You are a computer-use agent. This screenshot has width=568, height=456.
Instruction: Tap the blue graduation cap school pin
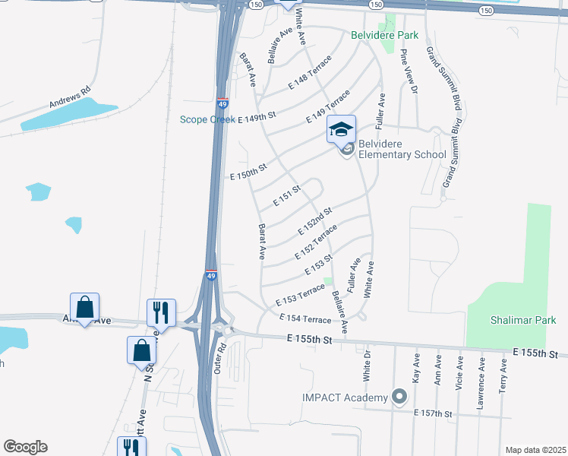click(x=341, y=129)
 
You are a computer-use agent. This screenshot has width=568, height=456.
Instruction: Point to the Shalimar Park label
click(x=523, y=320)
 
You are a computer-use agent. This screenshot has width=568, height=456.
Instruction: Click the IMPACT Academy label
click(x=345, y=397)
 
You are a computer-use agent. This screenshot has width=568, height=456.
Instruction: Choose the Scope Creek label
click(x=207, y=119)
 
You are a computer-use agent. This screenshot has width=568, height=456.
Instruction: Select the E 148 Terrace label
click(x=310, y=74)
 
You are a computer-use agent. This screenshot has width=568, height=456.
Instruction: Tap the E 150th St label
click(x=249, y=173)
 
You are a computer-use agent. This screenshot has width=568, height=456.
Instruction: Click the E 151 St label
click(x=287, y=196)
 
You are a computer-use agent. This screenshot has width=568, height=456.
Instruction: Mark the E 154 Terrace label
click(x=305, y=319)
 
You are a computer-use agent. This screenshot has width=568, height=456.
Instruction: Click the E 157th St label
click(x=433, y=413)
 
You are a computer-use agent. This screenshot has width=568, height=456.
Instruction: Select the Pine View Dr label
click(x=409, y=71)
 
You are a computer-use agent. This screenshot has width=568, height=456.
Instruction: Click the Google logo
click(x=25, y=447)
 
